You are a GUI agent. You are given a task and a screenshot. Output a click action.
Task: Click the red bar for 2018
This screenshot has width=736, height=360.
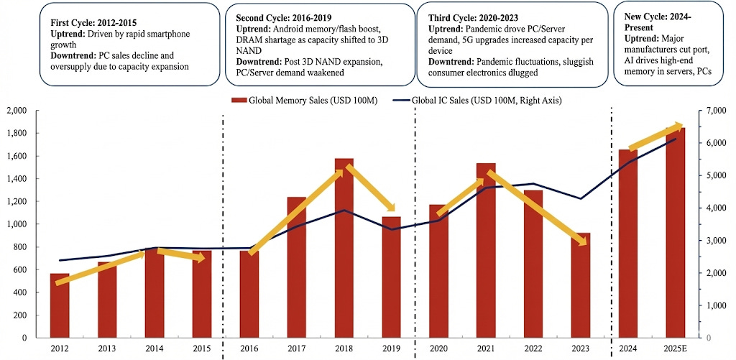pyautogui.click(x=344, y=259)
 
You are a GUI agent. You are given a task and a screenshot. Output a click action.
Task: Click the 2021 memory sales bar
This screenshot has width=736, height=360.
pyautogui.click(x=486, y=259)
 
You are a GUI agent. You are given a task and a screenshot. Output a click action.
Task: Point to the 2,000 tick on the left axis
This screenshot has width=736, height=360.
pyautogui.click(x=15, y=111)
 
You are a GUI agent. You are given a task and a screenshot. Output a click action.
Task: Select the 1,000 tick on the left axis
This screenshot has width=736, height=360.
pyautogui.click(x=15, y=224)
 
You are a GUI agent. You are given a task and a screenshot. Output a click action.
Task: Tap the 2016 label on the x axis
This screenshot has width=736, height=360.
pyautogui.click(x=249, y=349)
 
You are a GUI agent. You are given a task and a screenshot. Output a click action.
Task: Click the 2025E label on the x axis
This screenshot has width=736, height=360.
pyautogui.click(x=676, y=349)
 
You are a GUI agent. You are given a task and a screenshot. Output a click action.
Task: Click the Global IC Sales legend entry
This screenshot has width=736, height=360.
pyautogui.click(x=479, y=101)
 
